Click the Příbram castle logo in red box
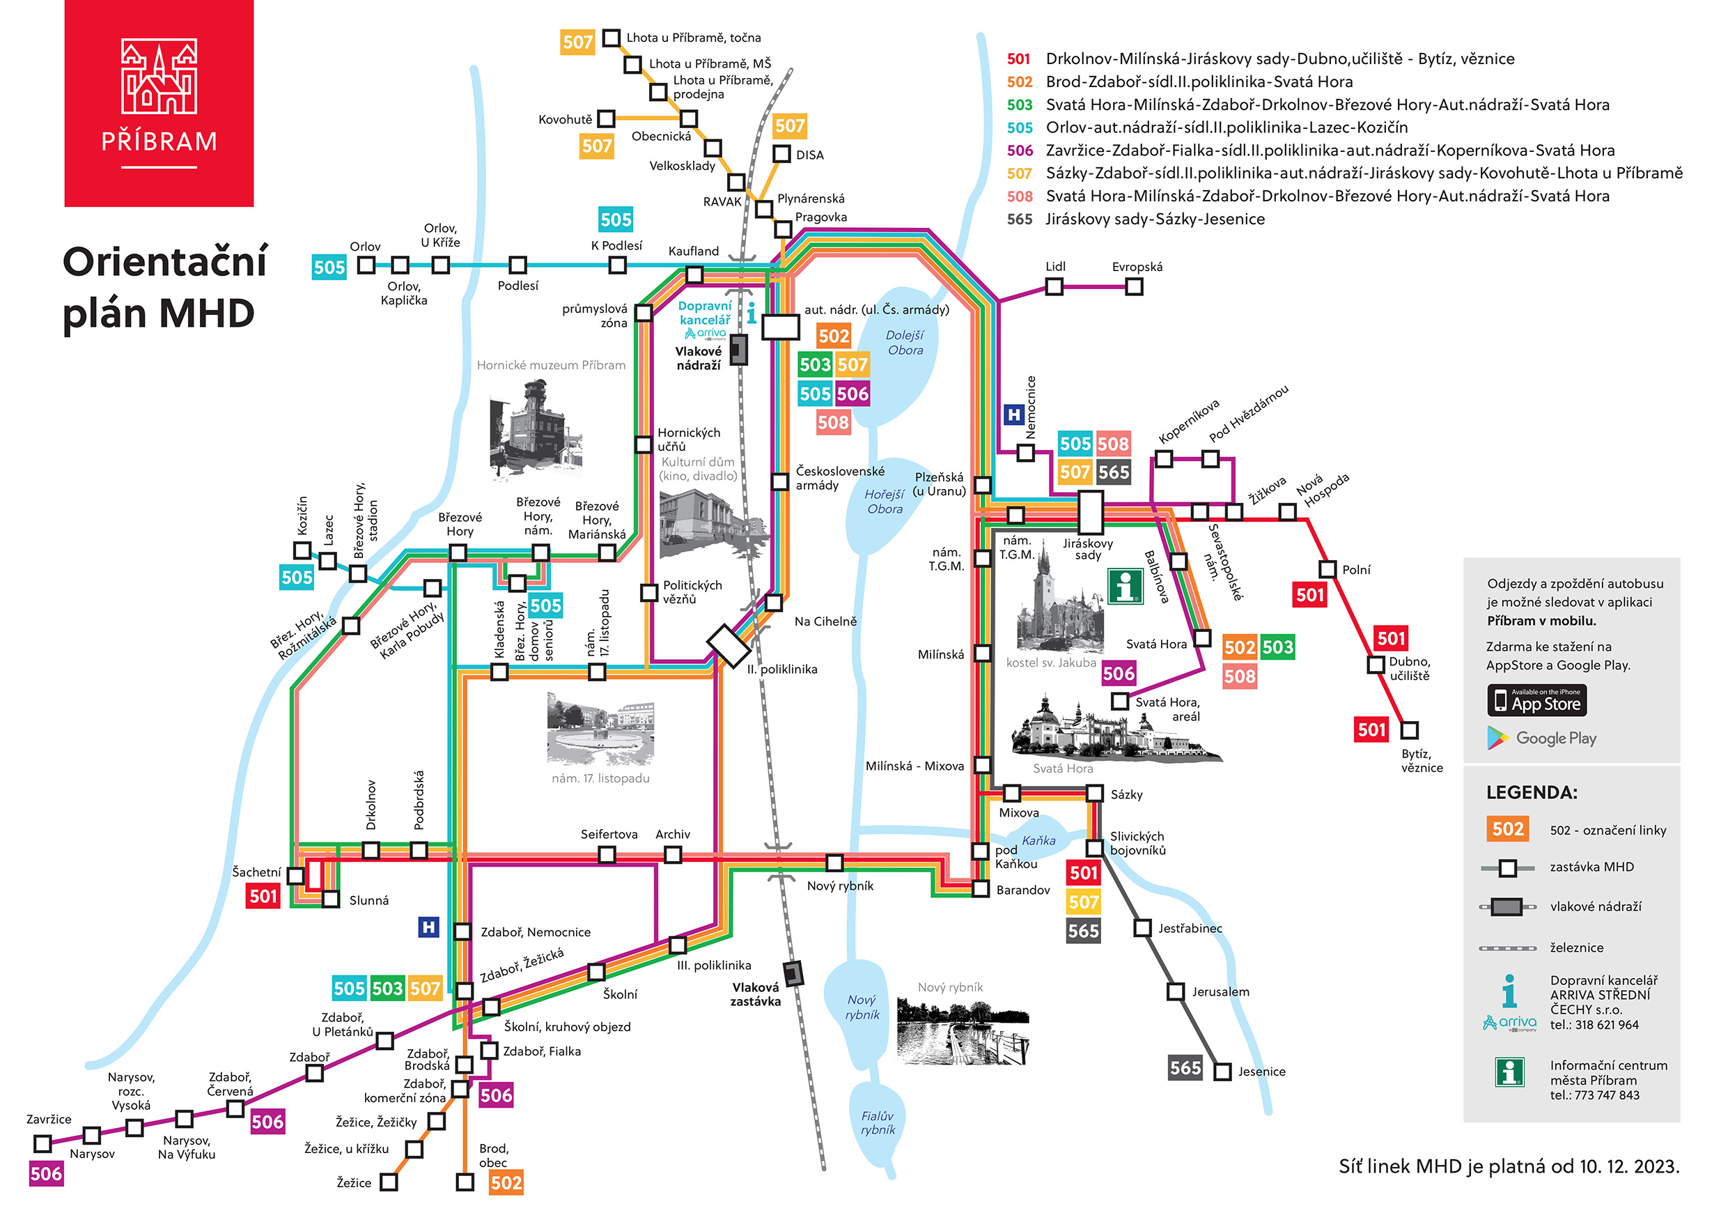pos(159,77)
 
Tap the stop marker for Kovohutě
pos(606,119)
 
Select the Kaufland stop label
pos(693,251)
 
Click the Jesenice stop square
pos(1222,1071)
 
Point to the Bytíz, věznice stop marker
pos(1409,730)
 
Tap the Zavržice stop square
pos(43,1143)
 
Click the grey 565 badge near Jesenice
pos(1185,1067)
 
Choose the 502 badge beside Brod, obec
pos(506,1182)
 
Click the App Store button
pos(1537,700)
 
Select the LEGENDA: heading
pos(1532,792)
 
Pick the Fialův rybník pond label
pos(878,1122)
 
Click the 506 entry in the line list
pos(1020,150)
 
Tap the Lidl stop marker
pos(1054,286)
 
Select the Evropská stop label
pos(1137,267)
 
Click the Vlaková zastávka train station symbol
pos(793,973)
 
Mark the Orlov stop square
pos(366,265)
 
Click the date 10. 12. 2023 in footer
pos(1628,1166)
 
